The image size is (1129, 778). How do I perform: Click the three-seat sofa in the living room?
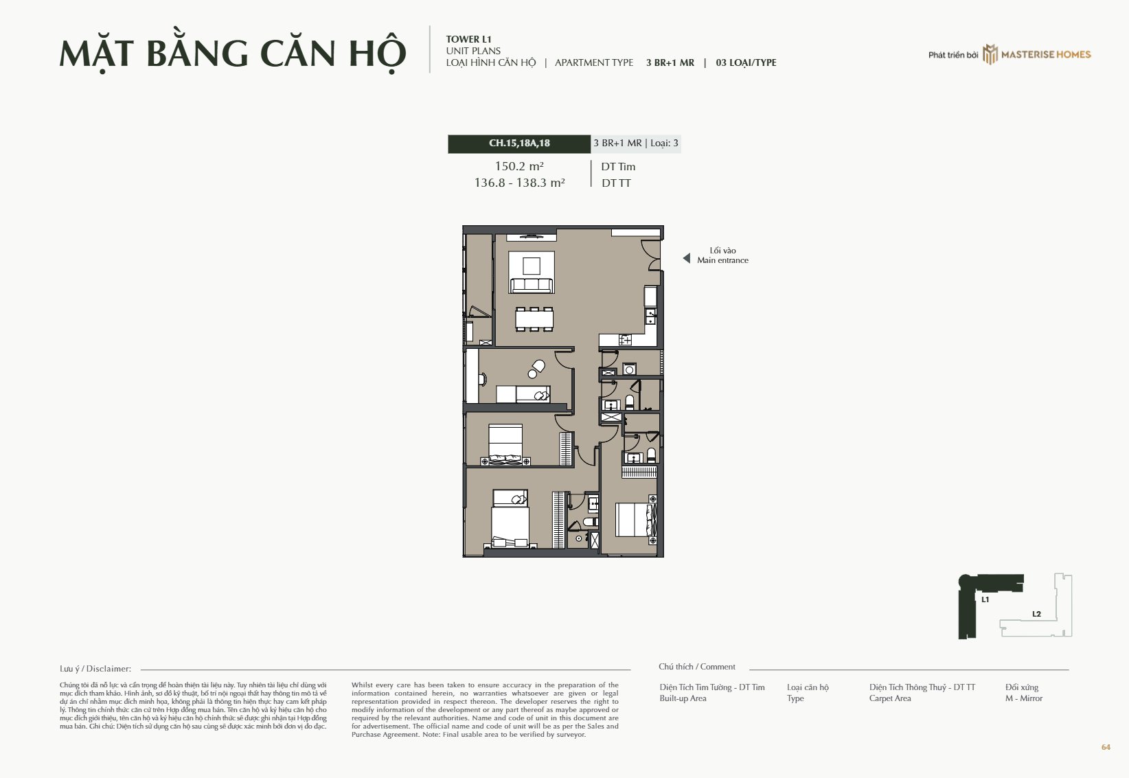coord(532,285)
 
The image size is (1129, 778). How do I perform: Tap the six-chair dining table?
coord(534,319)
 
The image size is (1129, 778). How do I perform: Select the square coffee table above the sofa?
coord(532,266)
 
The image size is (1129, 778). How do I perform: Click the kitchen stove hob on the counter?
coord(625,340)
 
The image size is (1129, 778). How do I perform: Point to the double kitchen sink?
coord(651,317)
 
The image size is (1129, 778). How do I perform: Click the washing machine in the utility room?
coord(629,369)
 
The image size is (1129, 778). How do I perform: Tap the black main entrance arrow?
coord(687,258)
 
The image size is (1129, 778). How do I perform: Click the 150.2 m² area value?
coord(519,166)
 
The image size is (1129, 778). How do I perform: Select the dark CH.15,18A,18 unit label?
coord(519,144)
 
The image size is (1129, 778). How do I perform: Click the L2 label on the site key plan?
coord(1036,614)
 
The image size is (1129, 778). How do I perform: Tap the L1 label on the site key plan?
coord(985,599)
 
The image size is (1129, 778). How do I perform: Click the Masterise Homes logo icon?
coord(990,54)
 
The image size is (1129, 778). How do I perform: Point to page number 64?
coord(1106,747)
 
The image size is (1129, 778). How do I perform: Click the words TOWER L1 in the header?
coord(468,39)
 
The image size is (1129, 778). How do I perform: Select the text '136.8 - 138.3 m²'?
coord(519,183)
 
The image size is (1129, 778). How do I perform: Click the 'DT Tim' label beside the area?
coord(618,167)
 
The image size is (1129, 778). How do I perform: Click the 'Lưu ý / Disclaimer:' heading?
coord(95,669)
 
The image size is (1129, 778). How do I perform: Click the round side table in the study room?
coord(532,374)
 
